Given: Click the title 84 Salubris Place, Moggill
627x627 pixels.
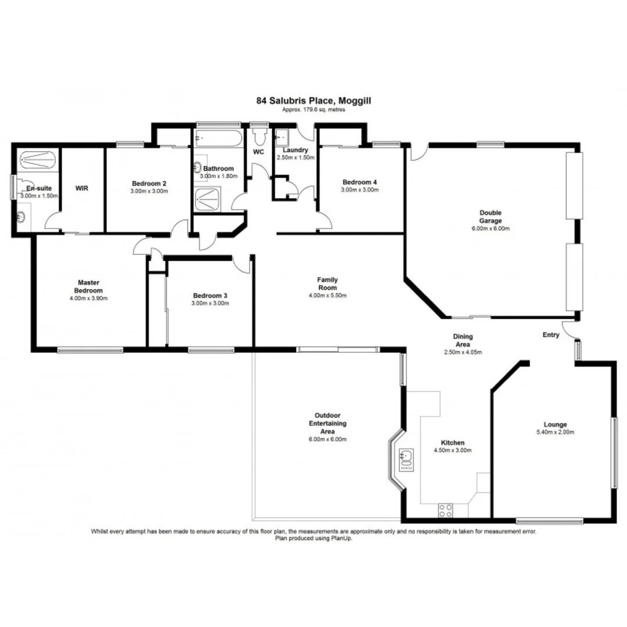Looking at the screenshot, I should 314,100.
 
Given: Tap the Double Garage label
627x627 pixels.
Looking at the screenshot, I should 490,217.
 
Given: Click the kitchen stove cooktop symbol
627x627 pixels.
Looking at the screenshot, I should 446,510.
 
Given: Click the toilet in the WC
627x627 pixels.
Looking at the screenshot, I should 259,135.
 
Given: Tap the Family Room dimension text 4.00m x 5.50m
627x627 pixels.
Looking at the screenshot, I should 327,296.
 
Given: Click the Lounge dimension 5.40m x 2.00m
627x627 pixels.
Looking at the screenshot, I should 555,432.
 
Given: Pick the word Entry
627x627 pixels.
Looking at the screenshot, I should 551,335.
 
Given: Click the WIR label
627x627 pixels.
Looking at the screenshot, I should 82,188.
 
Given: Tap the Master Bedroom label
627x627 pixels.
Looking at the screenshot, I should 88,286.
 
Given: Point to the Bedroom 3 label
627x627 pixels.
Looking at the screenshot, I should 210,296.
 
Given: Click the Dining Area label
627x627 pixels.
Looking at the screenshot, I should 463,340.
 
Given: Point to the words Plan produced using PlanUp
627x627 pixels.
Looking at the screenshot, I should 313,538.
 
